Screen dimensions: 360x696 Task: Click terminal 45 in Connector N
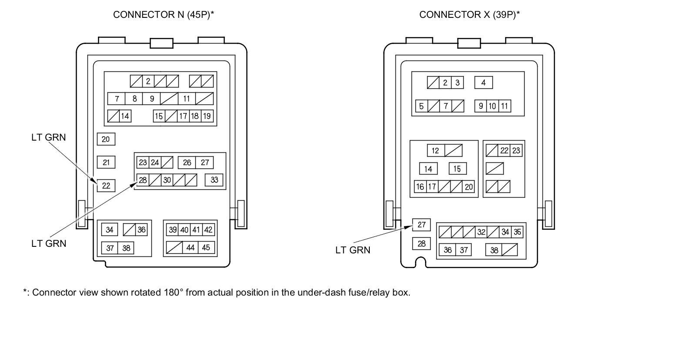click(206, 248)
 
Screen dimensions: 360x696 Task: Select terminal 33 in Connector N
click(214, 180)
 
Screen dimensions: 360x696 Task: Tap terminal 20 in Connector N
click(106, 139)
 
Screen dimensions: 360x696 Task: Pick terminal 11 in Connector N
click(186, 99)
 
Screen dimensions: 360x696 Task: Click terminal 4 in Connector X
click(483, 83)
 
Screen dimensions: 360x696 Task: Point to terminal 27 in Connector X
click(422, 225)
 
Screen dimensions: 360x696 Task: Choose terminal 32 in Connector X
click(481, 232)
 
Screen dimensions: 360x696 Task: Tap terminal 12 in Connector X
click(435, 151)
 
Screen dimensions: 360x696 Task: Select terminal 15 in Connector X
click(457, 169)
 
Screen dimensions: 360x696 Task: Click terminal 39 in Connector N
click(173, 230)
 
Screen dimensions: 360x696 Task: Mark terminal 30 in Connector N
click(167, 180)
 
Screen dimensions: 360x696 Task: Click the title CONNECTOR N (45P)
click(164, 15)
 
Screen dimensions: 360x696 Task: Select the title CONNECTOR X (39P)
click(469, 15)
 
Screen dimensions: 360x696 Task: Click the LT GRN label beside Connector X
click(353, 250)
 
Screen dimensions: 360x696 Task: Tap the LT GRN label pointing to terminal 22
click(49, 138)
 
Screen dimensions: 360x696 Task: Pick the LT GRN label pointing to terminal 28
click(49, 244)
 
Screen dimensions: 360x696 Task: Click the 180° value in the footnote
click(174, 293)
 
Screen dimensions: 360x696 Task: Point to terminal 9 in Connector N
click(152, 99)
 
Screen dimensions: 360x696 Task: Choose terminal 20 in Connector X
click(468, 187)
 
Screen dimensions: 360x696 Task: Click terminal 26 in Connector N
click(187, 162)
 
